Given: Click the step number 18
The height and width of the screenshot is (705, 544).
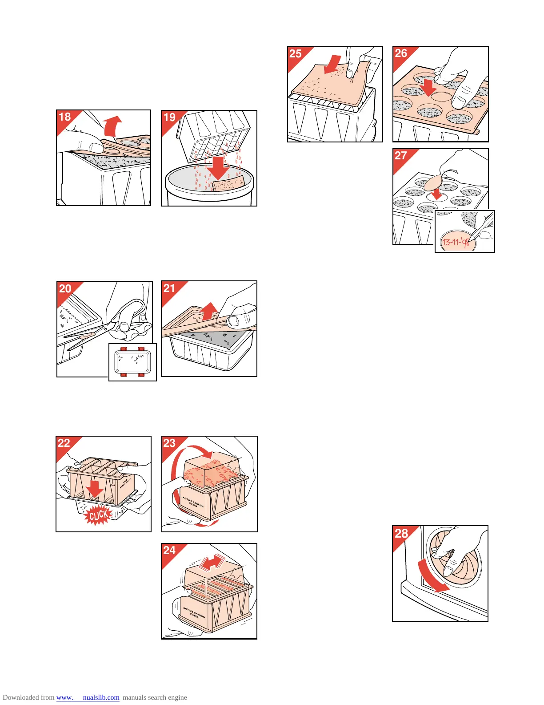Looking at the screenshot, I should pos(65,117).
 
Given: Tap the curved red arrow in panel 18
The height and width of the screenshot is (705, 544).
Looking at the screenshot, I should pos(112,126).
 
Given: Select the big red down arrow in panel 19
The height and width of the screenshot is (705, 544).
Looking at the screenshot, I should pos(218,166).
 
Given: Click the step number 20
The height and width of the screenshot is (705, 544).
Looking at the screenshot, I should pos(65,288).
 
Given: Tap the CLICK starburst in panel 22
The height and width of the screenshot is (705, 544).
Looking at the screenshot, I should pos(98,515).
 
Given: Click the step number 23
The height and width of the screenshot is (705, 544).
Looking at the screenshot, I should pos(169,443).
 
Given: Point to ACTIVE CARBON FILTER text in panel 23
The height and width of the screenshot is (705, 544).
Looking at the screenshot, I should pos(193,503).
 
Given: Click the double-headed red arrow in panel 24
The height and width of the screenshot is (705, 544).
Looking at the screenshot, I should pos(212,562).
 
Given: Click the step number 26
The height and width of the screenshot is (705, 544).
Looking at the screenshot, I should pos(401,53).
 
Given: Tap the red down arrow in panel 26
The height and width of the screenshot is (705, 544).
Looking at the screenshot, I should pos(428,88).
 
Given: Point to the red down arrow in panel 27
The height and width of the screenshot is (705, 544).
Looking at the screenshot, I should pos(437,194).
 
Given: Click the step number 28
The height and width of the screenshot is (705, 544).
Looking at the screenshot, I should pos(401,533).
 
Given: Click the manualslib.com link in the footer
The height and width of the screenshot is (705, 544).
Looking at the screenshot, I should pos(88,697).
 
